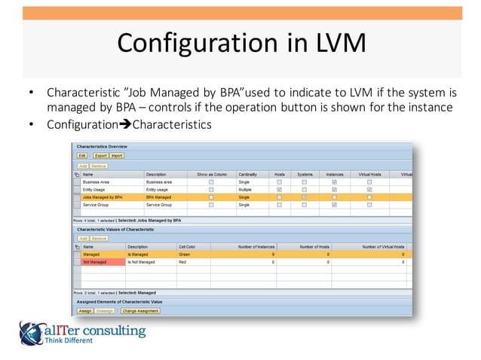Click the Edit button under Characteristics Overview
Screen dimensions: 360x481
pyautogui.click(x=82, y=155)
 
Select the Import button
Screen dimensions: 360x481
pyautogui.click(x=117, y=155)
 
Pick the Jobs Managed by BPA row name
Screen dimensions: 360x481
pyautogui.click(x=103, y=197)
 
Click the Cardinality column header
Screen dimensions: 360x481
pyautogui.click(x=250, y=174)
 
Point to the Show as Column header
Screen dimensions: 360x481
pyautogui.click(x=211, y=174)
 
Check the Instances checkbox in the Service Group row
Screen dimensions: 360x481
pyautogui.click(x=334, y=205)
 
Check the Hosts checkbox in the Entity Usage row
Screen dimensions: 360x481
pyautogui.click(x=280, y=190)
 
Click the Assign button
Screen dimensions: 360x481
pyautogui.click(x=84, y=310)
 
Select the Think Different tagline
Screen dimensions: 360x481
pyautogui.click(x=69, y=341)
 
